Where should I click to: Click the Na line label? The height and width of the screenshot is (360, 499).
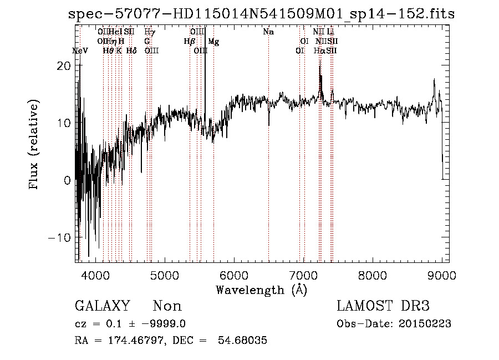pos(268,32)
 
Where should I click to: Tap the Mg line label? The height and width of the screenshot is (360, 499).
pos(213,42)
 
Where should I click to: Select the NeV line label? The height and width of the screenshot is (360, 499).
pos(80,50)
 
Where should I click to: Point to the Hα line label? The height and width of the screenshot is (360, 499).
pos(319,50)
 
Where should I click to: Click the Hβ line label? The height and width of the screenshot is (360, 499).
pos(189,42)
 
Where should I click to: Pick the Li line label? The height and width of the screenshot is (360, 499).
pos(330,32)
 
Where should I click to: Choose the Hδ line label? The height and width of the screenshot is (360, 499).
pos(131,50)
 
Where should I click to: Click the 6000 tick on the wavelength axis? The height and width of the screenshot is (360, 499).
pos(233,275)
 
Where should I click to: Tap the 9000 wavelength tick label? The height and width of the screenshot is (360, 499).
pos(442,275)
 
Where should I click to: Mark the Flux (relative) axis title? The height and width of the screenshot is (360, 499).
pos(34,145)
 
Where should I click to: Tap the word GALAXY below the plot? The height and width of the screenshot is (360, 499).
pos(102,306)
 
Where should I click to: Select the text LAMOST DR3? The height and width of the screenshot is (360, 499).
pos(383,306)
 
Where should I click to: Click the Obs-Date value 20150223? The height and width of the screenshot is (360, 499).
pos(427,323)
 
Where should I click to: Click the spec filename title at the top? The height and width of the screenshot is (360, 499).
pos(261,14)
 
